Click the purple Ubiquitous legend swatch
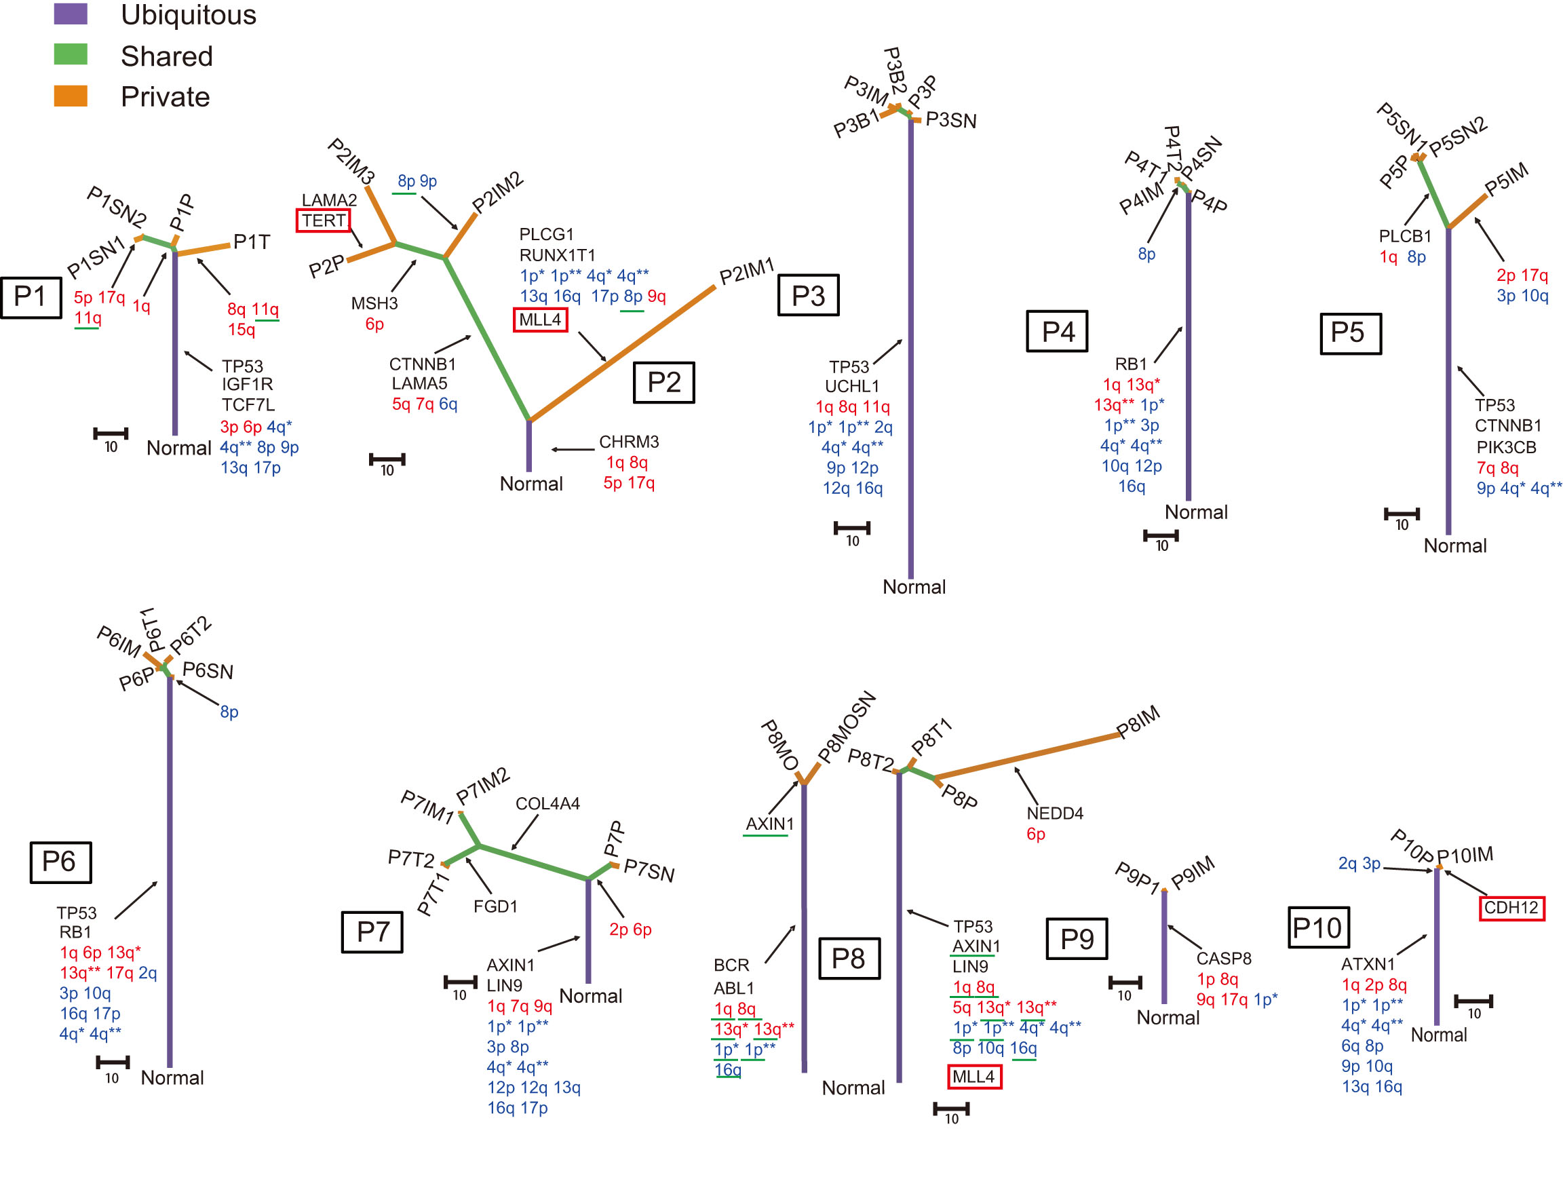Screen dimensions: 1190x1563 point(70,14)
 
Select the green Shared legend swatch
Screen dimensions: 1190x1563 point(70,54)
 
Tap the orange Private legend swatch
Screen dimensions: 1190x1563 point(70,96)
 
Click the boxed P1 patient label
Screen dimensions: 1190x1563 point(31,296)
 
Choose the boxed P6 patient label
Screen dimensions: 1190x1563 point(60,862)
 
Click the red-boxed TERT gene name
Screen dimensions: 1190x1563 point(323,220)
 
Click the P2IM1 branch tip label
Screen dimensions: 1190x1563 point(746,271)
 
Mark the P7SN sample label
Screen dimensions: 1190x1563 point(649,871)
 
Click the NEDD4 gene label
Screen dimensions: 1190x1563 point(1054,813)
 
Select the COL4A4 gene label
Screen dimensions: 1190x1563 point(547,803)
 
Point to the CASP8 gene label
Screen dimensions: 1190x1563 point(1223,959)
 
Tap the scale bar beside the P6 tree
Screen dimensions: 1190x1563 point(113,1062)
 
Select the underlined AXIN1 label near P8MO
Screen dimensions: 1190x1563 point(769,824)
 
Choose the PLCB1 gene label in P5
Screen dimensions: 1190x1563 point(1404,236)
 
